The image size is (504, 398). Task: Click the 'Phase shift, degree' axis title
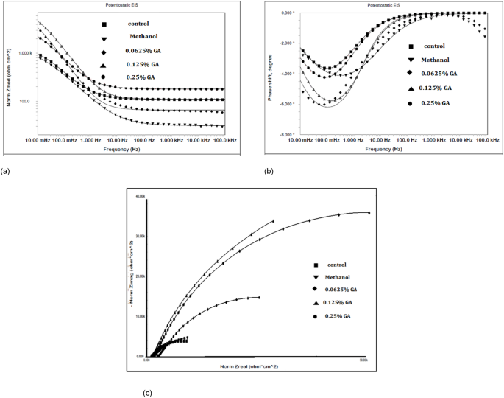[x=271, y=72]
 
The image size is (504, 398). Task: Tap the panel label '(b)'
[x=270, y=171]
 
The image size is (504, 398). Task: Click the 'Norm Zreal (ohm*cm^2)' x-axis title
[x=249, y=366]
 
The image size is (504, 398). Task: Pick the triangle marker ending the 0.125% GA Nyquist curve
[x=273, y=220]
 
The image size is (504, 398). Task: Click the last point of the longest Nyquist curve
[x=368, y=212]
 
